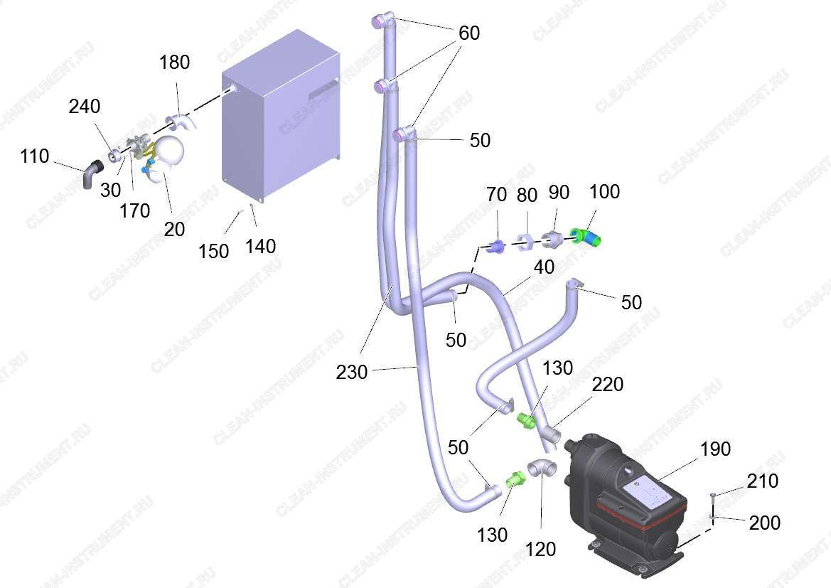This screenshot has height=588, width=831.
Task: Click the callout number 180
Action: click(x=174, y=63)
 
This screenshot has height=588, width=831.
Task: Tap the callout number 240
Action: click(x=85, y=107)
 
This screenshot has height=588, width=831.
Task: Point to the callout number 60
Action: click(x=469, y=33)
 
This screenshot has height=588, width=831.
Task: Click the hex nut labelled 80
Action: click(x=525, y=241)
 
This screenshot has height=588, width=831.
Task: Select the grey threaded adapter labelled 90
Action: click(x=553, y=239)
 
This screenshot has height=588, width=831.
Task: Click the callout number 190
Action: click(x=715, y=449)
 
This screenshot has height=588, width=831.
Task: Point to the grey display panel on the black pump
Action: click(x=650, y=491)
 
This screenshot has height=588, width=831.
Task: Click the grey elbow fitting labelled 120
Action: click(x=542, y=470)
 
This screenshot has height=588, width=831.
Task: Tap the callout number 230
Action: click(x=351, y=372)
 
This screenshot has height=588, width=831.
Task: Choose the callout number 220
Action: click(x=607, y=385)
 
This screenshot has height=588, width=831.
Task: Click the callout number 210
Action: click(x=763, y=481)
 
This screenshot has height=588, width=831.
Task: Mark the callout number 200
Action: click(x=764, y=523)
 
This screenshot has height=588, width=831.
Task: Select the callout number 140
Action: click(x=260, y=247)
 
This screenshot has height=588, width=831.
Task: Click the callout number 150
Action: click(x=213, y=251)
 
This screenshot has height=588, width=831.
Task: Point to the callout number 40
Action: click(x=544, y=267)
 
